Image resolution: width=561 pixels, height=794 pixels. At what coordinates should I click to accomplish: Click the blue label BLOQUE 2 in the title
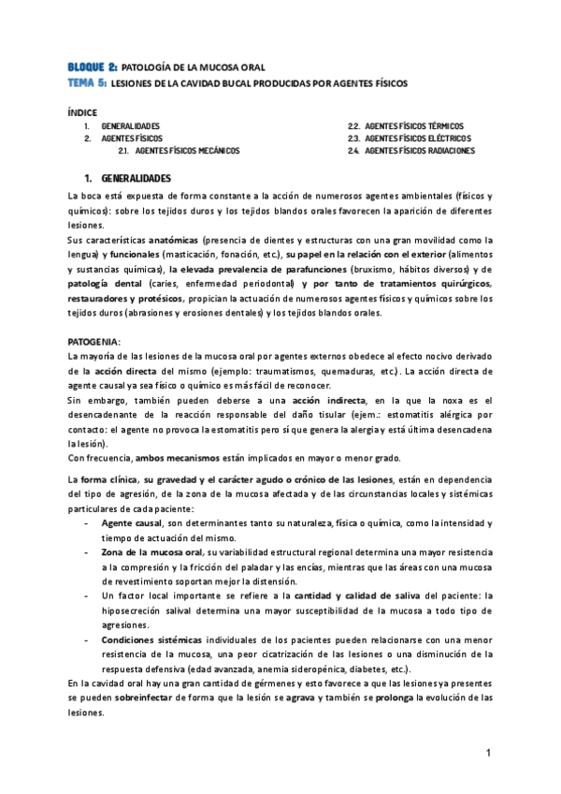click(93, 68)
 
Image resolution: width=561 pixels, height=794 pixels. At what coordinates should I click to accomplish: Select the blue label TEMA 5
click(87, 83)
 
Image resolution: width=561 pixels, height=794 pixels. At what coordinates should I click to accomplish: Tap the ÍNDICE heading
click(82, 111)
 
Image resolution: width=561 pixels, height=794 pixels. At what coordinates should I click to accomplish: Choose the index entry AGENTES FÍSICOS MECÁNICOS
click(187, 151)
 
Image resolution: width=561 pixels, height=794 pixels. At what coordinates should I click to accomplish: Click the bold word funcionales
click(133, 255)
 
